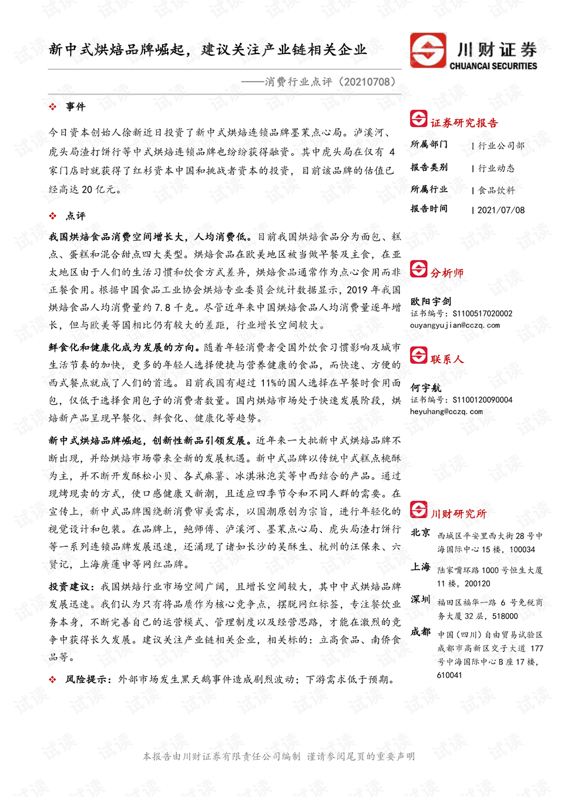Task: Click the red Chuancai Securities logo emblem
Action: click(x=428, y=51)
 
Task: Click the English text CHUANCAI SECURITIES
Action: click(x=493, y=66)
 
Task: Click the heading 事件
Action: click(x=76, y=107)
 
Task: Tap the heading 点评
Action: click(x=76, y=216)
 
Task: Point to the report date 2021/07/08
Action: click(x=501, y=210)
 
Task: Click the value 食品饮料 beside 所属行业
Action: click(x=496, y=190)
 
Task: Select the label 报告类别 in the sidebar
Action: click(x=429, y=167)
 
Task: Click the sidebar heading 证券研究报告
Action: click(x=464, y=123)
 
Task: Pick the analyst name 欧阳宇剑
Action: click(x=431, y=301)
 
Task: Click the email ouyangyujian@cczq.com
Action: click(x=455, y=325)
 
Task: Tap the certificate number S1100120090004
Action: click(x=482, y=400)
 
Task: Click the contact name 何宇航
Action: click(x=425, y=388)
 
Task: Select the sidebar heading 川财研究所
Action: click(x=458, y=514)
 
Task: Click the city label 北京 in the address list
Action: click(x=420, y=533)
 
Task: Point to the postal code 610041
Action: click(x=449, y=675)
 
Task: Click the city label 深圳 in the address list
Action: click(x=420, y=600)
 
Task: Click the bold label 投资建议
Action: click(x=68, y=587)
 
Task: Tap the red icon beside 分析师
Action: click(x=418, y=269)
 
